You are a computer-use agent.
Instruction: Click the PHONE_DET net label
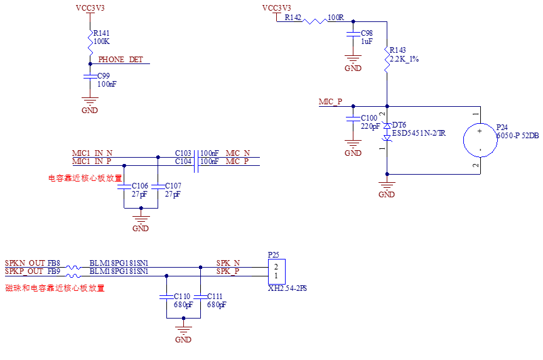(121, 60)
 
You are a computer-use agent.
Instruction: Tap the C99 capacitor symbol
(90, 77)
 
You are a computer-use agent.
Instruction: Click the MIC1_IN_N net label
(92, 153)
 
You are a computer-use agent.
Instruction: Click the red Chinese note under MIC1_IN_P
(86, 178)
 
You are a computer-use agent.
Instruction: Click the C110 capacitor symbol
(166, 296)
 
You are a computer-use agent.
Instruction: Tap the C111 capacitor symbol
(201, 296)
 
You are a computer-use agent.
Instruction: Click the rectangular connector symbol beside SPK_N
(277, 272)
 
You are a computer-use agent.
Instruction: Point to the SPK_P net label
(228, 271)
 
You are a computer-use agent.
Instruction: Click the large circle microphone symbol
(480, 140)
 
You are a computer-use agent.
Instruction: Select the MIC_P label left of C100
(331, 102)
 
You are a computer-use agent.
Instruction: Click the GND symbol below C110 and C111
(183, 330)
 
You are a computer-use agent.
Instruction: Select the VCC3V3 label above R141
(90, 8)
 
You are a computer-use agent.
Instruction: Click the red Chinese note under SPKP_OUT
(55, 288)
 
